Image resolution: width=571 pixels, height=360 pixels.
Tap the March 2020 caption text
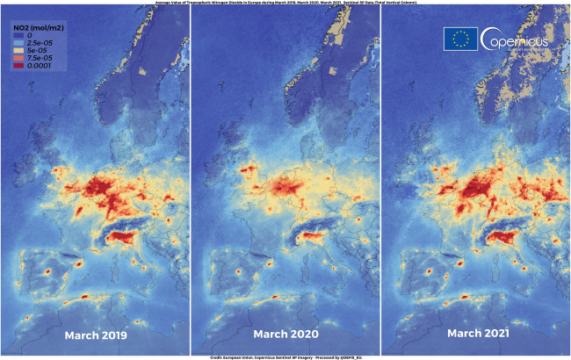click(x=285, y=335)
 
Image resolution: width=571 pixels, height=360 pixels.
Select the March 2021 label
click(x=475, y=335)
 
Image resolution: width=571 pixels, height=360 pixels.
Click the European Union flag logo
click(x=460, y=39)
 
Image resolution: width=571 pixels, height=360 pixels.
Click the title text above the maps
click(x=285, y=4)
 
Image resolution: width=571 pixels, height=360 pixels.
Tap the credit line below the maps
click(x=285, y=357)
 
